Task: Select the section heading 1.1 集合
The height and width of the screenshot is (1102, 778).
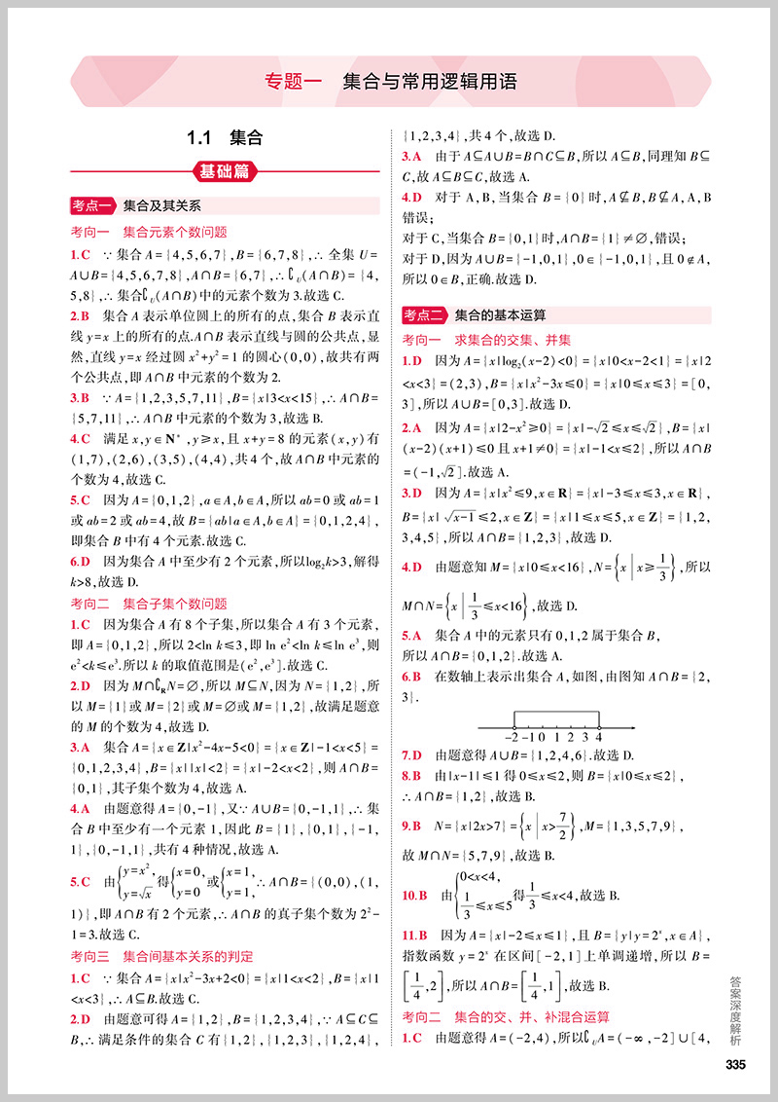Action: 226,138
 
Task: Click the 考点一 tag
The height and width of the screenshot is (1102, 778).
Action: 93,206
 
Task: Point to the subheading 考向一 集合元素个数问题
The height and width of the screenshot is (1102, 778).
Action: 149,232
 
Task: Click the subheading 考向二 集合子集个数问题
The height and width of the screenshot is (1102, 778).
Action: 149,604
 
